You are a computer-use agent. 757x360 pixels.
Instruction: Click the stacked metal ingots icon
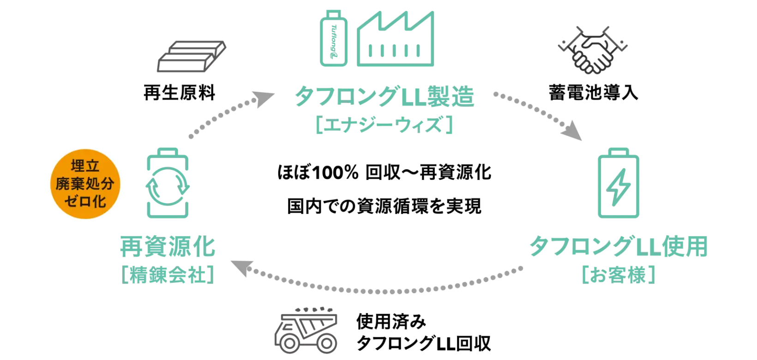pyautogui.click(x=192, y=55)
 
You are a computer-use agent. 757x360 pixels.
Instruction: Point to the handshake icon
pyautogui.click(x=593, y=50)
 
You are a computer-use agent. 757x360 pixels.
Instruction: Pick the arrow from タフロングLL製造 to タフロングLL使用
pyautogui.click(x=538, y=115)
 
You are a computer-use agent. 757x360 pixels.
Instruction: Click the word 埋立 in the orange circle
pyautogui.click(x=85, y=166)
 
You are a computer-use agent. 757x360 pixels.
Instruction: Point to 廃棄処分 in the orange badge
pyautogui.click(x=85, y=184)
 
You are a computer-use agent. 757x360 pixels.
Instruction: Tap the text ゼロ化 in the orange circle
pyautogui.click(x=85, y=201)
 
